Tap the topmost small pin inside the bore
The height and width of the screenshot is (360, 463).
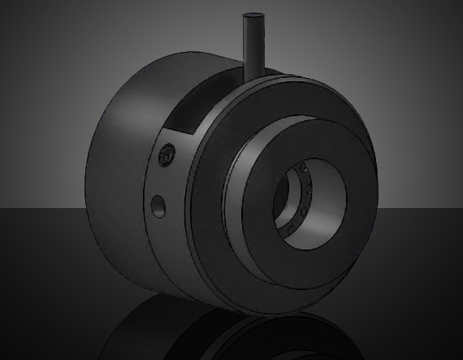pyautogui.click(x=301, y=171)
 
